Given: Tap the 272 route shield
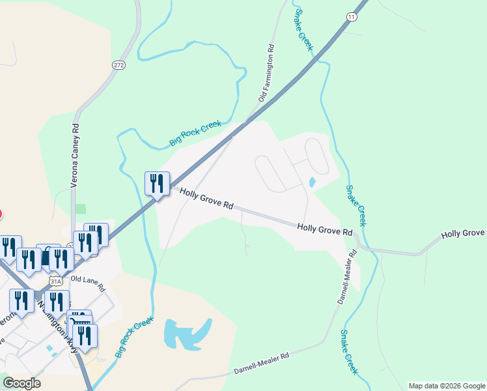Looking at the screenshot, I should pyautogui.click(x=118, y=65).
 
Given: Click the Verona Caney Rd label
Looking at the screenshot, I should pyautogui.click(x=74, y=156).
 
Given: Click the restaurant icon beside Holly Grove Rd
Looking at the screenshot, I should pyautogui.click(x=157, y=184).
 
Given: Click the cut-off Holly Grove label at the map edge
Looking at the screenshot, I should pyautogui.click(x=463, y=234).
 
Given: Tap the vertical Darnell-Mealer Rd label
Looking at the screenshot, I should pyautogui.click(x=346, y=277).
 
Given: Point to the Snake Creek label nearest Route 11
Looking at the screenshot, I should pyautogui.click(x=304, y=30).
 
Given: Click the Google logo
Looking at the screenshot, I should pyautogui.click(x=21, y=383).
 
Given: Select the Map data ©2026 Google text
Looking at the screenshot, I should pyautogui.click(x=446, y=386).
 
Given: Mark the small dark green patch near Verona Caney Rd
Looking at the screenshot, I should pyautogui.click(x=80, y=209).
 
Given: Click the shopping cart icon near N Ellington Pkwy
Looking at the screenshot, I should pyautogui.click(x=80, y=321).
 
